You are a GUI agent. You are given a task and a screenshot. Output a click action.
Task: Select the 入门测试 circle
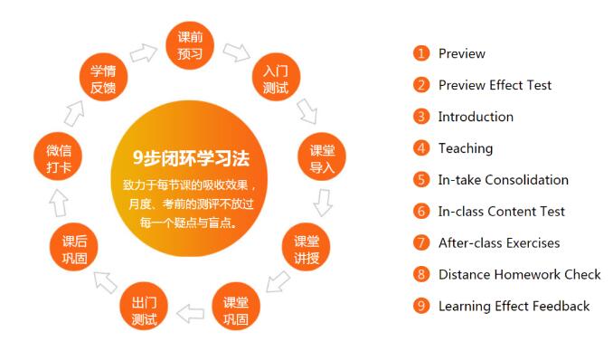[275, 78]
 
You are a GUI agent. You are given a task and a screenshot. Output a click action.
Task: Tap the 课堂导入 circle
[322, 158]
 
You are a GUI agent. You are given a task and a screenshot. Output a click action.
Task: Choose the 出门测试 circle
[144, 310]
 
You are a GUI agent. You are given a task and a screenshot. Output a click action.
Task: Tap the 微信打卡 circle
[58, 158]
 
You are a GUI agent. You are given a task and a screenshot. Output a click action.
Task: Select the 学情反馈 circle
[102, 78]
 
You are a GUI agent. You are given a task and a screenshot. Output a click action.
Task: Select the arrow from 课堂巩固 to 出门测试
[190, 314]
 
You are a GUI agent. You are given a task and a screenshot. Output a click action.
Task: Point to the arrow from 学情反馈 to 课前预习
[143, 52]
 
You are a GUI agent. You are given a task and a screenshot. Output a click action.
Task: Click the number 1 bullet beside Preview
[420, 53]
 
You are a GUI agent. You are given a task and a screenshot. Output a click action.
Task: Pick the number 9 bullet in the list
[420, 306]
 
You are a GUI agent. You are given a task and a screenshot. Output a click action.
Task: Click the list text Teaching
[465, 148]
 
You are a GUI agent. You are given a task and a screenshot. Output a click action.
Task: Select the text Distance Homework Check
[519, 274]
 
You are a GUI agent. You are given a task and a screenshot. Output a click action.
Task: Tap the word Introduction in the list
[475, 117]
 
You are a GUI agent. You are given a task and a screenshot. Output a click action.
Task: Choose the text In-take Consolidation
[503, 180]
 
